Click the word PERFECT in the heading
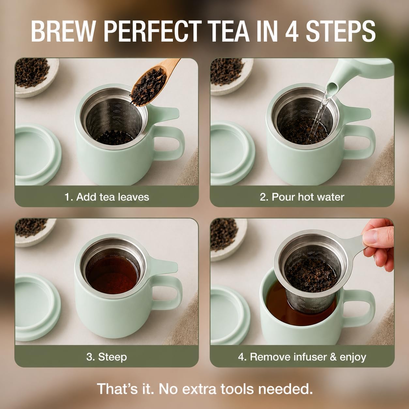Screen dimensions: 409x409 153,31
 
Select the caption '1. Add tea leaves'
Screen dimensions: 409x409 107,197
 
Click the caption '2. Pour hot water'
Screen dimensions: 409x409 302,197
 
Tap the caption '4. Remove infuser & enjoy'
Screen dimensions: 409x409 302,357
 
